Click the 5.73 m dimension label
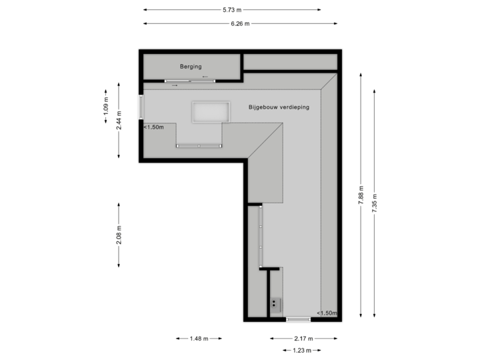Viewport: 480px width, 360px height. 232,10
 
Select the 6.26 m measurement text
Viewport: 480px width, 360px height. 239,23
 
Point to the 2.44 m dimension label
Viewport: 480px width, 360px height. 119,121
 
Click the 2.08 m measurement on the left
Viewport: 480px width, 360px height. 119,234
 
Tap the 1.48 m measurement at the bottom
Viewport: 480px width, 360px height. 199,339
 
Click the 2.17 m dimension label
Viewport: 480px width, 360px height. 299,339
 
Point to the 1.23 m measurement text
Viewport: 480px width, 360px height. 301,351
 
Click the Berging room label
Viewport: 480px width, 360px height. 191,67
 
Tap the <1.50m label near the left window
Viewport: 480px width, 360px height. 154,127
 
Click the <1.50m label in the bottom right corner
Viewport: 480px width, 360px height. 327,313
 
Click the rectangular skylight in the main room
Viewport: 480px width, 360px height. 209,112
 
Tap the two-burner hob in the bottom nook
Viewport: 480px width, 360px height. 276,305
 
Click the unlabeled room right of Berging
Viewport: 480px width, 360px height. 289,62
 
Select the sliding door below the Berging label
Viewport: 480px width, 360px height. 189,81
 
